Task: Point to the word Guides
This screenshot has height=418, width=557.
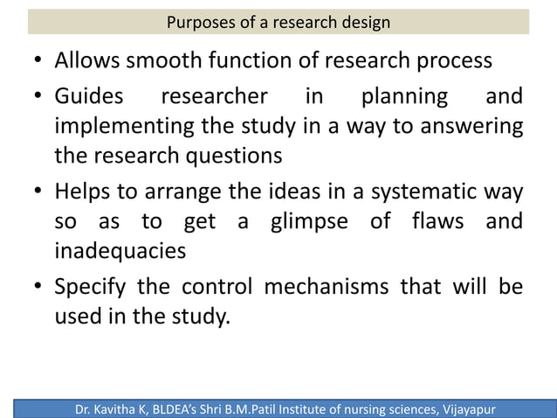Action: pos(89,95)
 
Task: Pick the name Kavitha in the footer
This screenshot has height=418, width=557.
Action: pos(128,408)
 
